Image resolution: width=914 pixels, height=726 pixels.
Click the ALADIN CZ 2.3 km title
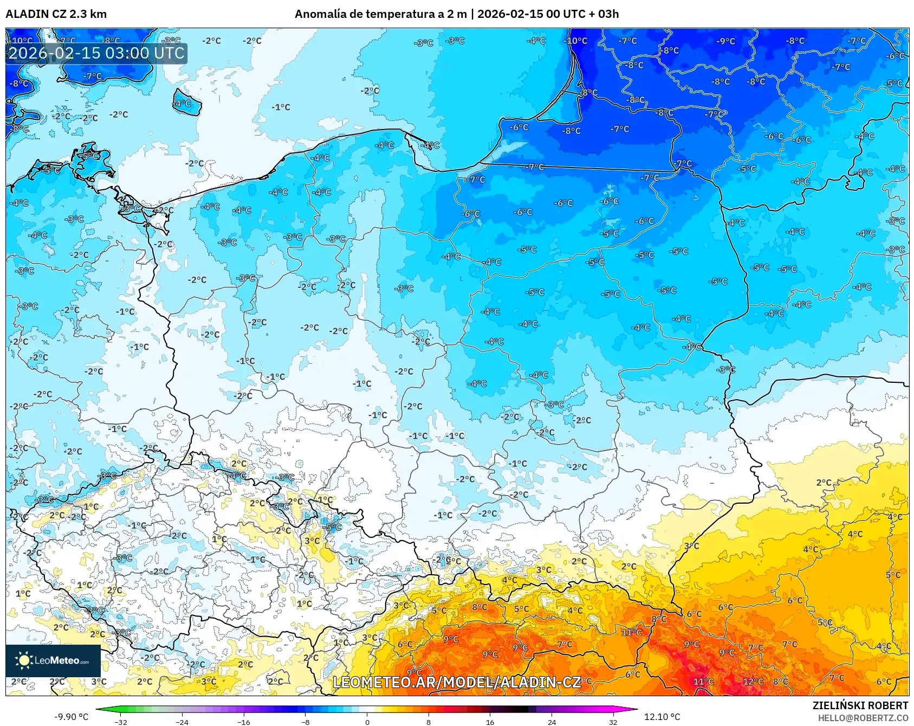tap(56, 14)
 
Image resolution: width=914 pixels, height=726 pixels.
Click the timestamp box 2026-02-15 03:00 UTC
tap(96, 53)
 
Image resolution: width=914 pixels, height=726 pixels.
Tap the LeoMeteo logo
tap(53, 660)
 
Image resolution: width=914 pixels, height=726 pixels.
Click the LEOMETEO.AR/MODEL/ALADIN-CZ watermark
tap(456, 682)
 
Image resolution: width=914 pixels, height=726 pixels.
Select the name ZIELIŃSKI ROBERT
tap(860, 705)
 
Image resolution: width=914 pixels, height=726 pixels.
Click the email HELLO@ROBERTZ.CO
tap(863, 718)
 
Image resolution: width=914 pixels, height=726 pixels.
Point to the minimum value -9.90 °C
tap(71, 717)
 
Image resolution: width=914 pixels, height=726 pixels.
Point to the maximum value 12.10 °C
tap(662, 717)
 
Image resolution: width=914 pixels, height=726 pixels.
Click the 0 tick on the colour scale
tap(367, 722)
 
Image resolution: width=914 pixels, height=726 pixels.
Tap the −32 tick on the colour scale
tap(121, 722)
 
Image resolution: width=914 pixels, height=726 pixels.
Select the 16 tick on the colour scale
tap(490, 722)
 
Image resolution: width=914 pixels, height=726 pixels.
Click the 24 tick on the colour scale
tap(552, 722)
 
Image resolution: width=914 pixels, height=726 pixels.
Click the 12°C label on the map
tap(753, 682)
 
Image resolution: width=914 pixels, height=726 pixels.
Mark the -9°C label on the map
tap(726, 41)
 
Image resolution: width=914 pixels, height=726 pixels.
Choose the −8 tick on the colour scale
tap(306, 722)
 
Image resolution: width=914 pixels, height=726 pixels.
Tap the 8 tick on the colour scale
tap(429, 722)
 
